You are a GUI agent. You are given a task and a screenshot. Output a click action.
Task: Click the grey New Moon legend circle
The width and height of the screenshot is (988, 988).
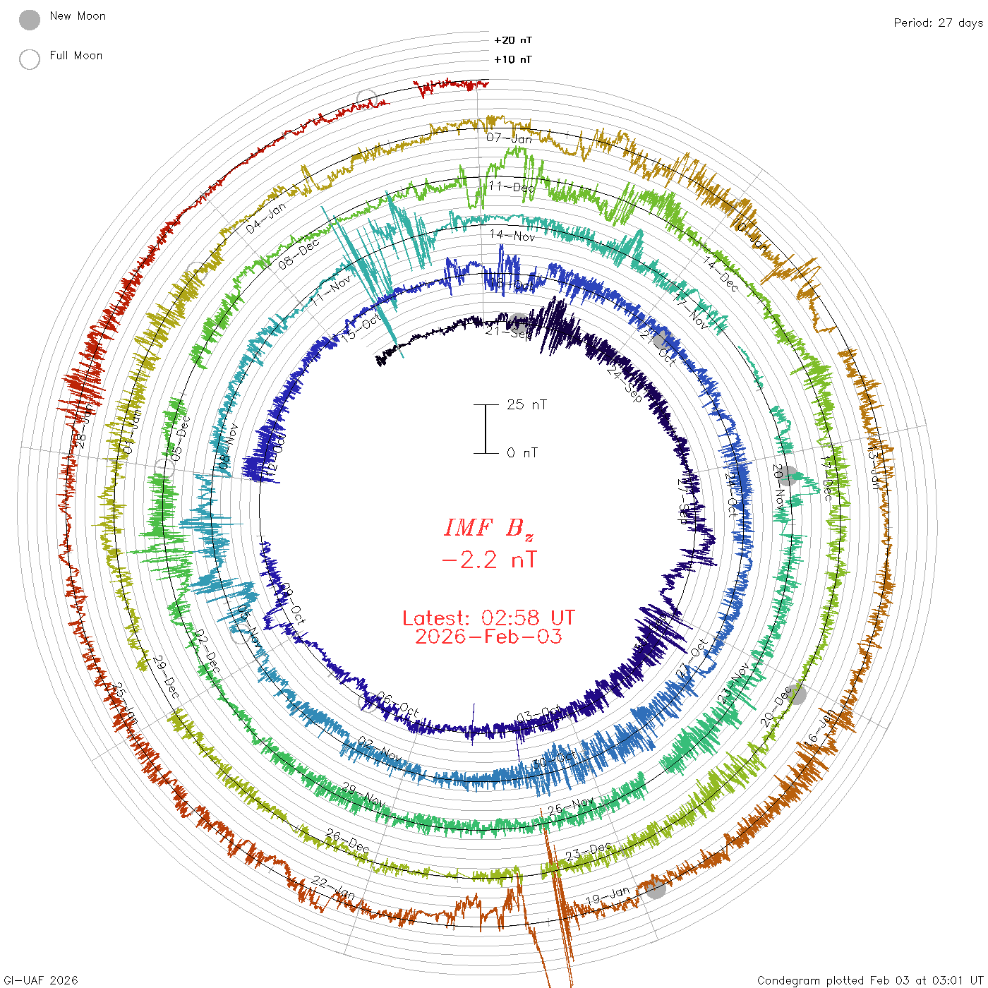pyautogui.click(x=30, y=20)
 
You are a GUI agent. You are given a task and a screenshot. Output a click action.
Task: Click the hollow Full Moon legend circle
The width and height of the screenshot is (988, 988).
pyautogui.click(x=30, y=59)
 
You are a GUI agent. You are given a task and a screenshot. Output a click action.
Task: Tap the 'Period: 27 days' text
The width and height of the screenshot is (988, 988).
pyautogui.click(x=938, y=23)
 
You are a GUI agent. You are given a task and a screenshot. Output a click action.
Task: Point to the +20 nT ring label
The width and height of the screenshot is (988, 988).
pyautogui.click(x=513, y=40)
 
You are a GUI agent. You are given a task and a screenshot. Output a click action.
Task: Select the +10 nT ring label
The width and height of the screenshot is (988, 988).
pyautogui.click(x=513, y=59)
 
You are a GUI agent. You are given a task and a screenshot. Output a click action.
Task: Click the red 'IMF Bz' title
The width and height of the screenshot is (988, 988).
pyautogui.click(x=488, y=528)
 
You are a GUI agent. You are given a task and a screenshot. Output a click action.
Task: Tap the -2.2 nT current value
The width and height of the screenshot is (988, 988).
pyautogui.click(x=488, y=560)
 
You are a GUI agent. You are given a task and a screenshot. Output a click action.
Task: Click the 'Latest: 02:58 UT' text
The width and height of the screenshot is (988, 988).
pyautogui.click(x=488, y=618)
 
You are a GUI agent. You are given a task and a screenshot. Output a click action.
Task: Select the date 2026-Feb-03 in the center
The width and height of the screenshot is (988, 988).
pyautogui.click(x=488, y=637)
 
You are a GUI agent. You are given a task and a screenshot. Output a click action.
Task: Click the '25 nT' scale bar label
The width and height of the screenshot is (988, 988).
pyautogui.click(x=526, y=404)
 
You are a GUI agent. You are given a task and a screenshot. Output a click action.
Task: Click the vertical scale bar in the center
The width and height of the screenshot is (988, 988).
pyautogui.click(x=486, y=428)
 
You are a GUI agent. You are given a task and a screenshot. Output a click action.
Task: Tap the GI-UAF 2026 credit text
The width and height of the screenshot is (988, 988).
pyautogui.click(x=41, y=980)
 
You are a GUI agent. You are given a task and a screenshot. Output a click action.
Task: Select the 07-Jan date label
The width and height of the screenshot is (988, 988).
pyautogui.click(x=509, y=138)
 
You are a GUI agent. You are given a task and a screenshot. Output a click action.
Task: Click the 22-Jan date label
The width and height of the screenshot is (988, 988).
pyautogui.click(x=333, y=888)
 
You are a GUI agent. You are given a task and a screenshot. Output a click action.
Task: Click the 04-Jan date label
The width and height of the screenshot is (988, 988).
pyautogui.click(x=266, y=218)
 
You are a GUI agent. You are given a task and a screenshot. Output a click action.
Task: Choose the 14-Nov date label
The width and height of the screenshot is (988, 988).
pyautogui.click(x=512, y=236)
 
